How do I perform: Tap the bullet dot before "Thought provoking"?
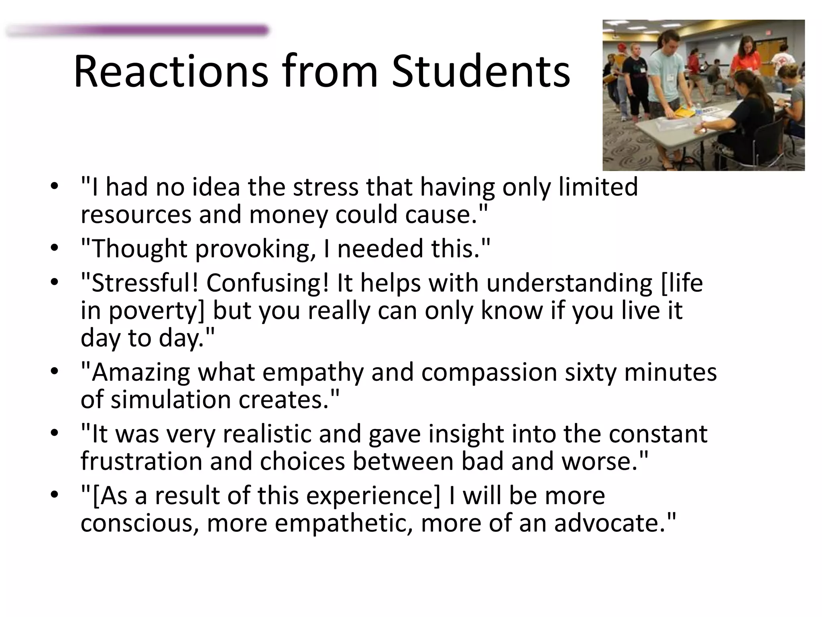55,248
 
